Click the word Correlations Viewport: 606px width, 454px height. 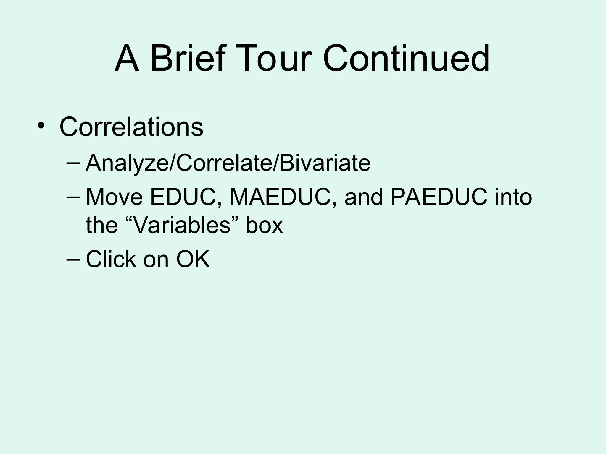[x=131, y=127]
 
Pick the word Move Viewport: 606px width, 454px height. [x=114, y=197]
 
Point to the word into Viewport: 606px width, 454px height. [x=513, y=197]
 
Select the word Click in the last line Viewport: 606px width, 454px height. [x=111, y=259]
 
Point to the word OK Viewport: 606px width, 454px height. [x=193, y=259]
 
